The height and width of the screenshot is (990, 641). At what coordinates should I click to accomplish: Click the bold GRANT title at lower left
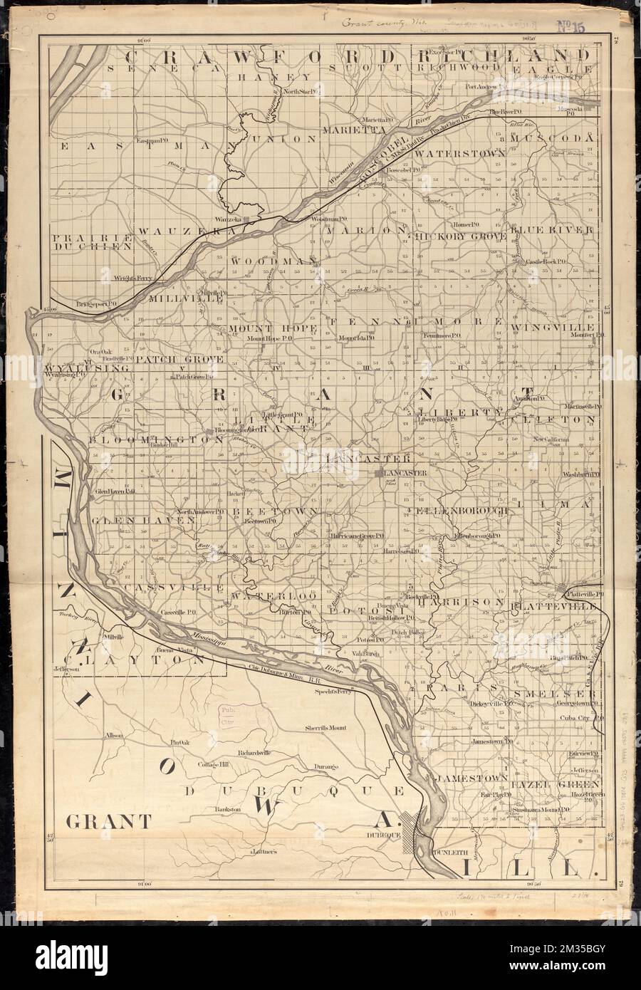pyautogui.click(x=108, y=822)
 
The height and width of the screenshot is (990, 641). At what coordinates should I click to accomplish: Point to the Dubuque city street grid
pyautogui.click(x=413, y=828)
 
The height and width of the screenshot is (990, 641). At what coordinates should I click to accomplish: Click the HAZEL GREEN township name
pyautogui.click(x=553, y=783)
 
